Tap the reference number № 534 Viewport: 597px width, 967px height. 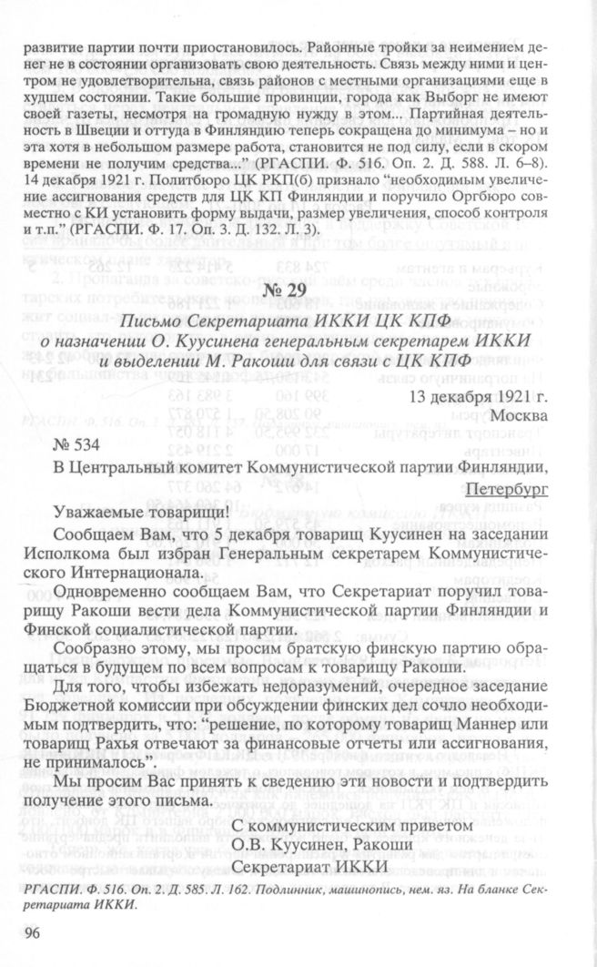click(73, 444)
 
